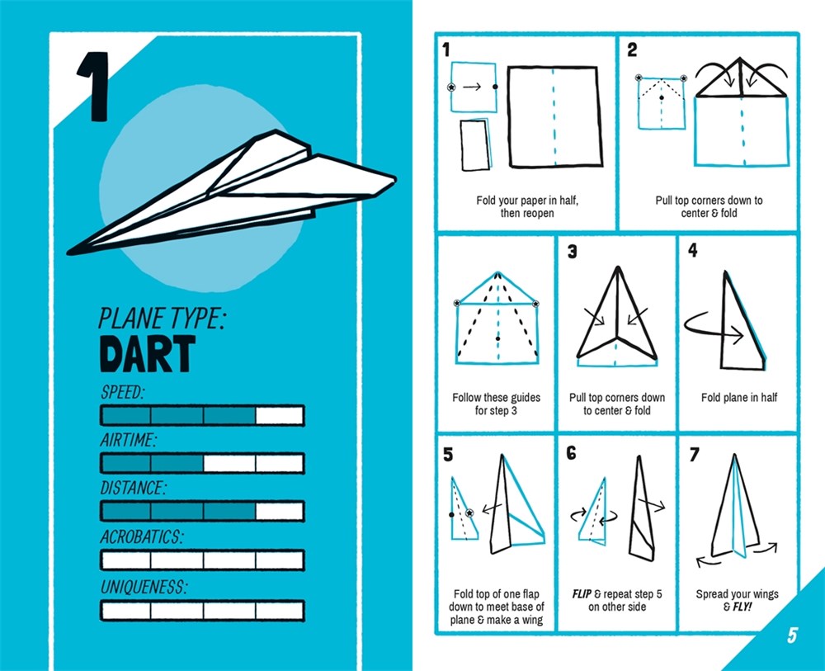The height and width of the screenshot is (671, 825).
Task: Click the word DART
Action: point(148,352)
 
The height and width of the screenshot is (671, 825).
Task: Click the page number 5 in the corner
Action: point(792,635)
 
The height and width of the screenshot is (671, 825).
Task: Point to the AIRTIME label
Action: point(129,440)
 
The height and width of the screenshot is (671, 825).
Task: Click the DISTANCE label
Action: point(133,488)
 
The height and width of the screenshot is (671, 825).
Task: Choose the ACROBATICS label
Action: point(141,536)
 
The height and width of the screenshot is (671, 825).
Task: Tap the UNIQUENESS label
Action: point(144,588)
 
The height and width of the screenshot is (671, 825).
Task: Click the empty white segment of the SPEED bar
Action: point(280,414)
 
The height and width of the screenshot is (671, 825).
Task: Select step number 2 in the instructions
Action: point(633,50)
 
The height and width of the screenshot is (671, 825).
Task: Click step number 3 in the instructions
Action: point(572,252)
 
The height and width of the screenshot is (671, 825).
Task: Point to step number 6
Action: point(571,453)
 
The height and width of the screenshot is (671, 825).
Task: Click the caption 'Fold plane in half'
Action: point(739,398)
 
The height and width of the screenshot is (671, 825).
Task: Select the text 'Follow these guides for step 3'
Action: point(496,404)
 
